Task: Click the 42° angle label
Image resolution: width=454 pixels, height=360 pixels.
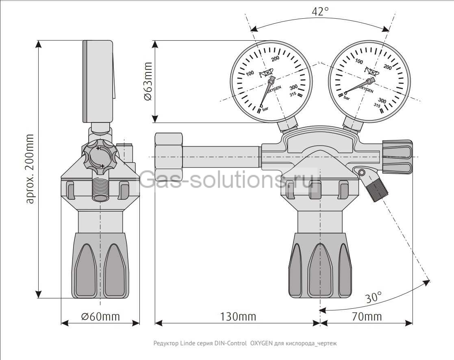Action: point(320,11)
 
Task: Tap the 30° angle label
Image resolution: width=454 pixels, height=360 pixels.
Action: point(373,297)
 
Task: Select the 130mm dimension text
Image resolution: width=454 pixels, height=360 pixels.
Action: point(238,316)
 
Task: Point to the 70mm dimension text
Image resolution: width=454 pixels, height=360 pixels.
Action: point(367,316)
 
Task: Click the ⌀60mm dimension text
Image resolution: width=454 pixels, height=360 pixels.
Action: point(100,316)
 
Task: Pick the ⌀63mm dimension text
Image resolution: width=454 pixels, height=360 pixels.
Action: point(148,81)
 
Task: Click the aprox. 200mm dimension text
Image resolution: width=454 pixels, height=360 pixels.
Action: point(30,169)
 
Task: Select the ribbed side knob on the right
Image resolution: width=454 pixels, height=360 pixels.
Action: point(398,157)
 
